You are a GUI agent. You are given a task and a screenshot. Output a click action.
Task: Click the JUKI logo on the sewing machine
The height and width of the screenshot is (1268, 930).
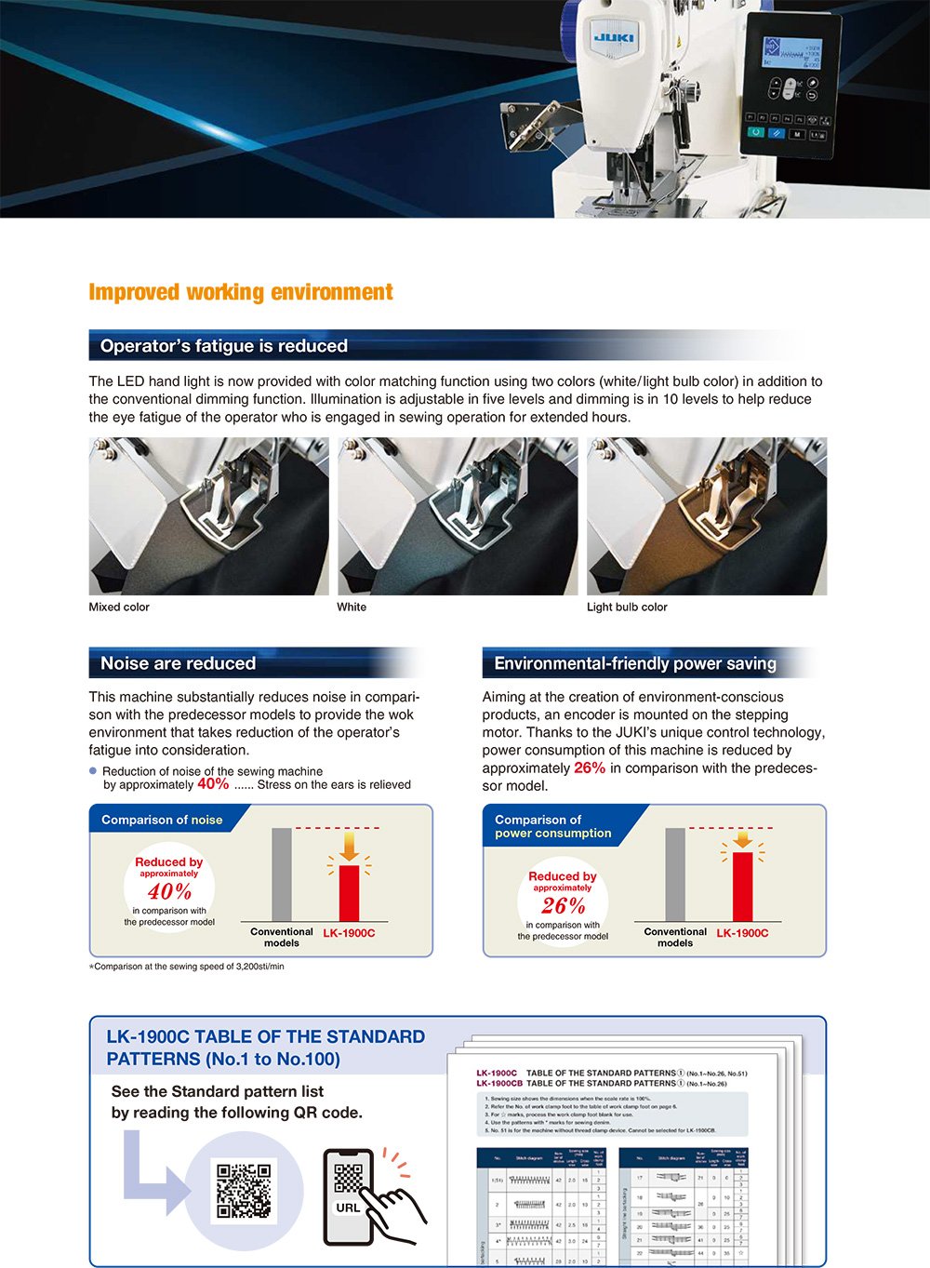click(x=614, y=37)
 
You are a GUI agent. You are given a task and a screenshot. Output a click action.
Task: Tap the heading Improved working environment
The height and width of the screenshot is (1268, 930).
click(x=241, y=292)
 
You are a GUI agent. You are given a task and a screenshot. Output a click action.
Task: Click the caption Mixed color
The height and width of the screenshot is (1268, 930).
click(x=119, y=607)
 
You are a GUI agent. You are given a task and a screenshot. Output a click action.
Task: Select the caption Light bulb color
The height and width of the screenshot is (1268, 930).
click(x=627, y=607)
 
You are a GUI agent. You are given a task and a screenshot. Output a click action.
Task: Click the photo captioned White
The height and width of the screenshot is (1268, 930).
click(x=458, y=516)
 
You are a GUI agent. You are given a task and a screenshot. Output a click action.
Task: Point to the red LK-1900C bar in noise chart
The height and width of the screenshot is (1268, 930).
click(x=349, y=893)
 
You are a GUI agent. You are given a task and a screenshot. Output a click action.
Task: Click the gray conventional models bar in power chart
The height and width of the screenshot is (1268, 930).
click(x=675, y=874)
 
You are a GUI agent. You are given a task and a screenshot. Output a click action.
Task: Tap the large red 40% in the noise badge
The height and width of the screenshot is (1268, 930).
click(x=169, y=891)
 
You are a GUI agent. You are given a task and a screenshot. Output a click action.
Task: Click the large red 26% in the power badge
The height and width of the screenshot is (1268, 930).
click(x=564, y=905)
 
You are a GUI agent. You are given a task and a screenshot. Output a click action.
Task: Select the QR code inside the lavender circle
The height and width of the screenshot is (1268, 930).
click(x=245, y=1190)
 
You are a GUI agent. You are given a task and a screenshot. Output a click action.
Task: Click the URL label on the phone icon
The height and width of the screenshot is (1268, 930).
click(x=348, y=1208)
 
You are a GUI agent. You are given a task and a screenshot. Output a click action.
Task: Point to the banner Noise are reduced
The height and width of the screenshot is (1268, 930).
click(x=178, y=663)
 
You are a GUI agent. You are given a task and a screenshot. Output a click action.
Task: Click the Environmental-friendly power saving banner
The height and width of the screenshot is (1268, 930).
click(x=635, y=663)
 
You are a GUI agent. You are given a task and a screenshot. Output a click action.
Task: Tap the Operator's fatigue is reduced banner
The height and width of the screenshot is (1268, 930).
click(x=224, y=346)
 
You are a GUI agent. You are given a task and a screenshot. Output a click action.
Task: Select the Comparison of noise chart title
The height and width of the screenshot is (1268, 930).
click(x=162, y=820)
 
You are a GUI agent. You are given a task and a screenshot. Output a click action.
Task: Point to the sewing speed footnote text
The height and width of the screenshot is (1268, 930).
click(x=187, y=967)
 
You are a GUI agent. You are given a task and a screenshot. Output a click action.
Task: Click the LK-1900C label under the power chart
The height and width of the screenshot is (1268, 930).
click(x=742, y=933)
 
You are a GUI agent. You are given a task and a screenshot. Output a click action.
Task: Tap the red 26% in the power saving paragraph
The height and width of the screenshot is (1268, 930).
click(x=590, y=767)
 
